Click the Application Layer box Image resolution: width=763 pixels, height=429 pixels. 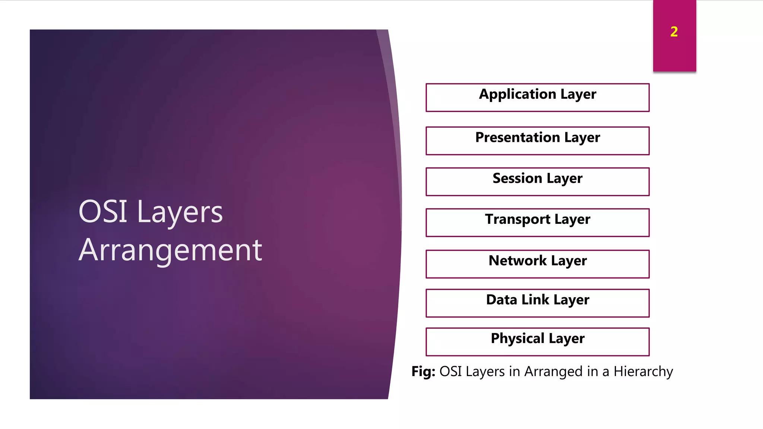coord(537,98)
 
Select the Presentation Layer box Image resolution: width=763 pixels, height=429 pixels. coord(537,141)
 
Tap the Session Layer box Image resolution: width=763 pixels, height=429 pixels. coord(537,182)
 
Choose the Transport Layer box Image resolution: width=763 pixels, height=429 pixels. coord(537,223)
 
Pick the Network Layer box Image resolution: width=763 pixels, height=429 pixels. coord(537,264)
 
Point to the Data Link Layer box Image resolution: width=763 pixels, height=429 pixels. coord(537,303)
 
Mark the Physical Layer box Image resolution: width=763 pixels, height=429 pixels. coord(537,342)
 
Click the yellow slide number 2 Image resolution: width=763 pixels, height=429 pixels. coord(674,32)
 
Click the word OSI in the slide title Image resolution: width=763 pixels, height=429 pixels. coord(103,212)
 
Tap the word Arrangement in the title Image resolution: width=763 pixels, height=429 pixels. coord(170,250)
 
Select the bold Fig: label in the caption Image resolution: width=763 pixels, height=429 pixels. coord(423,371)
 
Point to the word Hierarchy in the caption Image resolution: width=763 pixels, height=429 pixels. coord(643,372)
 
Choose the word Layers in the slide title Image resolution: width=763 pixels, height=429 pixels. coord(180,212)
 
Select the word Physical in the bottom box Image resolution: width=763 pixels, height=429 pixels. coord(517,339)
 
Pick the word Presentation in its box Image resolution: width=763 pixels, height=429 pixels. coord(517,137)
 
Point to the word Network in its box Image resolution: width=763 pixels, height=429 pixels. coord(517,260)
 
